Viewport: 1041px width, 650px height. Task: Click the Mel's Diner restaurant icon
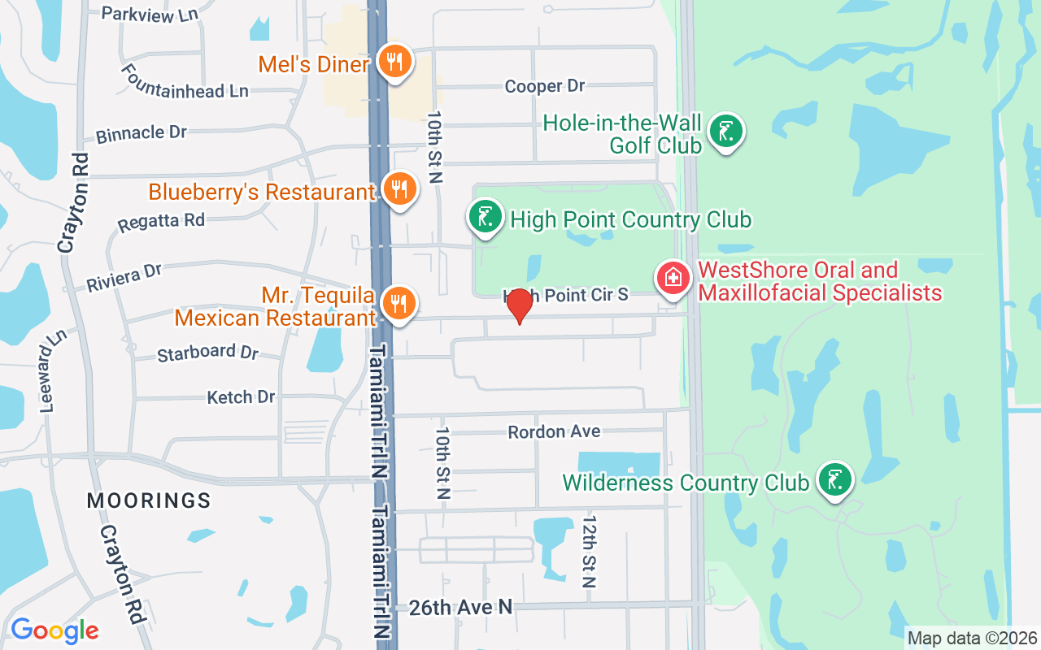coord(395,62)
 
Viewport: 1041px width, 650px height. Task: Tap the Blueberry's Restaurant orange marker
coord(399,188)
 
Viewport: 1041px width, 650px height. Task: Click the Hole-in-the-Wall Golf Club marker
coord(725,130)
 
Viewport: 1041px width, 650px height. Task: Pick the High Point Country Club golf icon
coord(486,217)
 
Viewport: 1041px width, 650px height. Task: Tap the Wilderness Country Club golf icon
coord(834,479)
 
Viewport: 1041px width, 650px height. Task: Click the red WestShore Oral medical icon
coord(673,279)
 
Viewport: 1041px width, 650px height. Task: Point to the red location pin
coord(519,305)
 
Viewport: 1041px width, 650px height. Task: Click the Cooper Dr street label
coord(544,86)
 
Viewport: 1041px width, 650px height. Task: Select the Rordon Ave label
coord(554,431)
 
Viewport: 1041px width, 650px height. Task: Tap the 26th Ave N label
coord(460,607)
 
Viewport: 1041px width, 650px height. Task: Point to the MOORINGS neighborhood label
coord(149,500)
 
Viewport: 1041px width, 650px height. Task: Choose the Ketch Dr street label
coord(241,397)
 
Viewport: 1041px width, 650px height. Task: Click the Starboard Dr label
coord(207,353)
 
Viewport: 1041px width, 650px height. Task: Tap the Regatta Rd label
coord(160,220)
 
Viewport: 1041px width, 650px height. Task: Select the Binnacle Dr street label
coord(141,133)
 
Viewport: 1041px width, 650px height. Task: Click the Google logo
coord(54,630)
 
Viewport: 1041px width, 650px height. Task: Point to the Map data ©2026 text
coord(973,638)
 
